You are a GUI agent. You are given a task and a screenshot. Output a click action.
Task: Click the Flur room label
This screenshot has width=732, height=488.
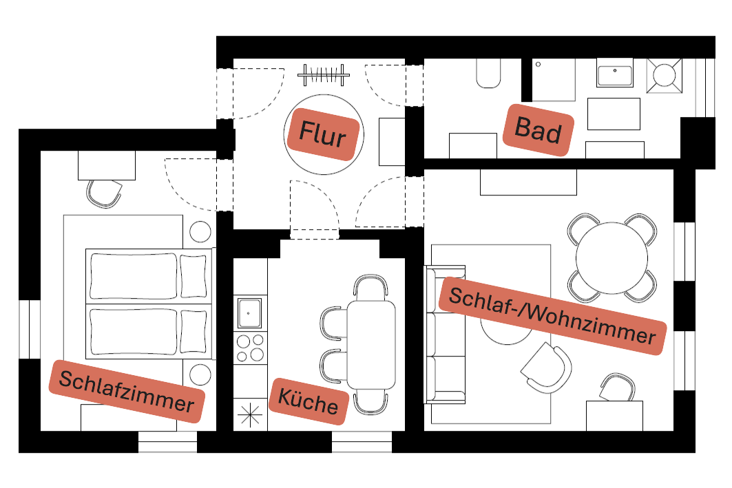322,134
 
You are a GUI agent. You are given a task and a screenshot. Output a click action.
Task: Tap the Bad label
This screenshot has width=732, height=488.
538,129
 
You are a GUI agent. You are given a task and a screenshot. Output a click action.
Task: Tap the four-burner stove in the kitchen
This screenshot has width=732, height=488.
250,347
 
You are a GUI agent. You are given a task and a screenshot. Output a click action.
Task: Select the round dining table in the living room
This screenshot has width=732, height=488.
611,258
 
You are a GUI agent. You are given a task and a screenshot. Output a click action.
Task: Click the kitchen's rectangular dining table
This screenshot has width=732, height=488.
371,344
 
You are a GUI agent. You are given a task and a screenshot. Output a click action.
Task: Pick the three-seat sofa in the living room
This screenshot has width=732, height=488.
444,334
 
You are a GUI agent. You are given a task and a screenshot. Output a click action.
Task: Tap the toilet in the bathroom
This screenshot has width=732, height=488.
488,74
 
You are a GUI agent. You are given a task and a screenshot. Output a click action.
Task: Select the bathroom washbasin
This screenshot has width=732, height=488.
614,74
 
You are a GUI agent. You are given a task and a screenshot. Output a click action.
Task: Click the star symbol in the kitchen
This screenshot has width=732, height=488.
249,416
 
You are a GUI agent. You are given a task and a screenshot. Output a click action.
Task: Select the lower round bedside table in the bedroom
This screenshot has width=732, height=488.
200,374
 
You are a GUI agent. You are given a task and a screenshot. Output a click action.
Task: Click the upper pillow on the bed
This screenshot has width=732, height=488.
194,273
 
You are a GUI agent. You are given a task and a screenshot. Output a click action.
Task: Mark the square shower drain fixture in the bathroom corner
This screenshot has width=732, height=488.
664,76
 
